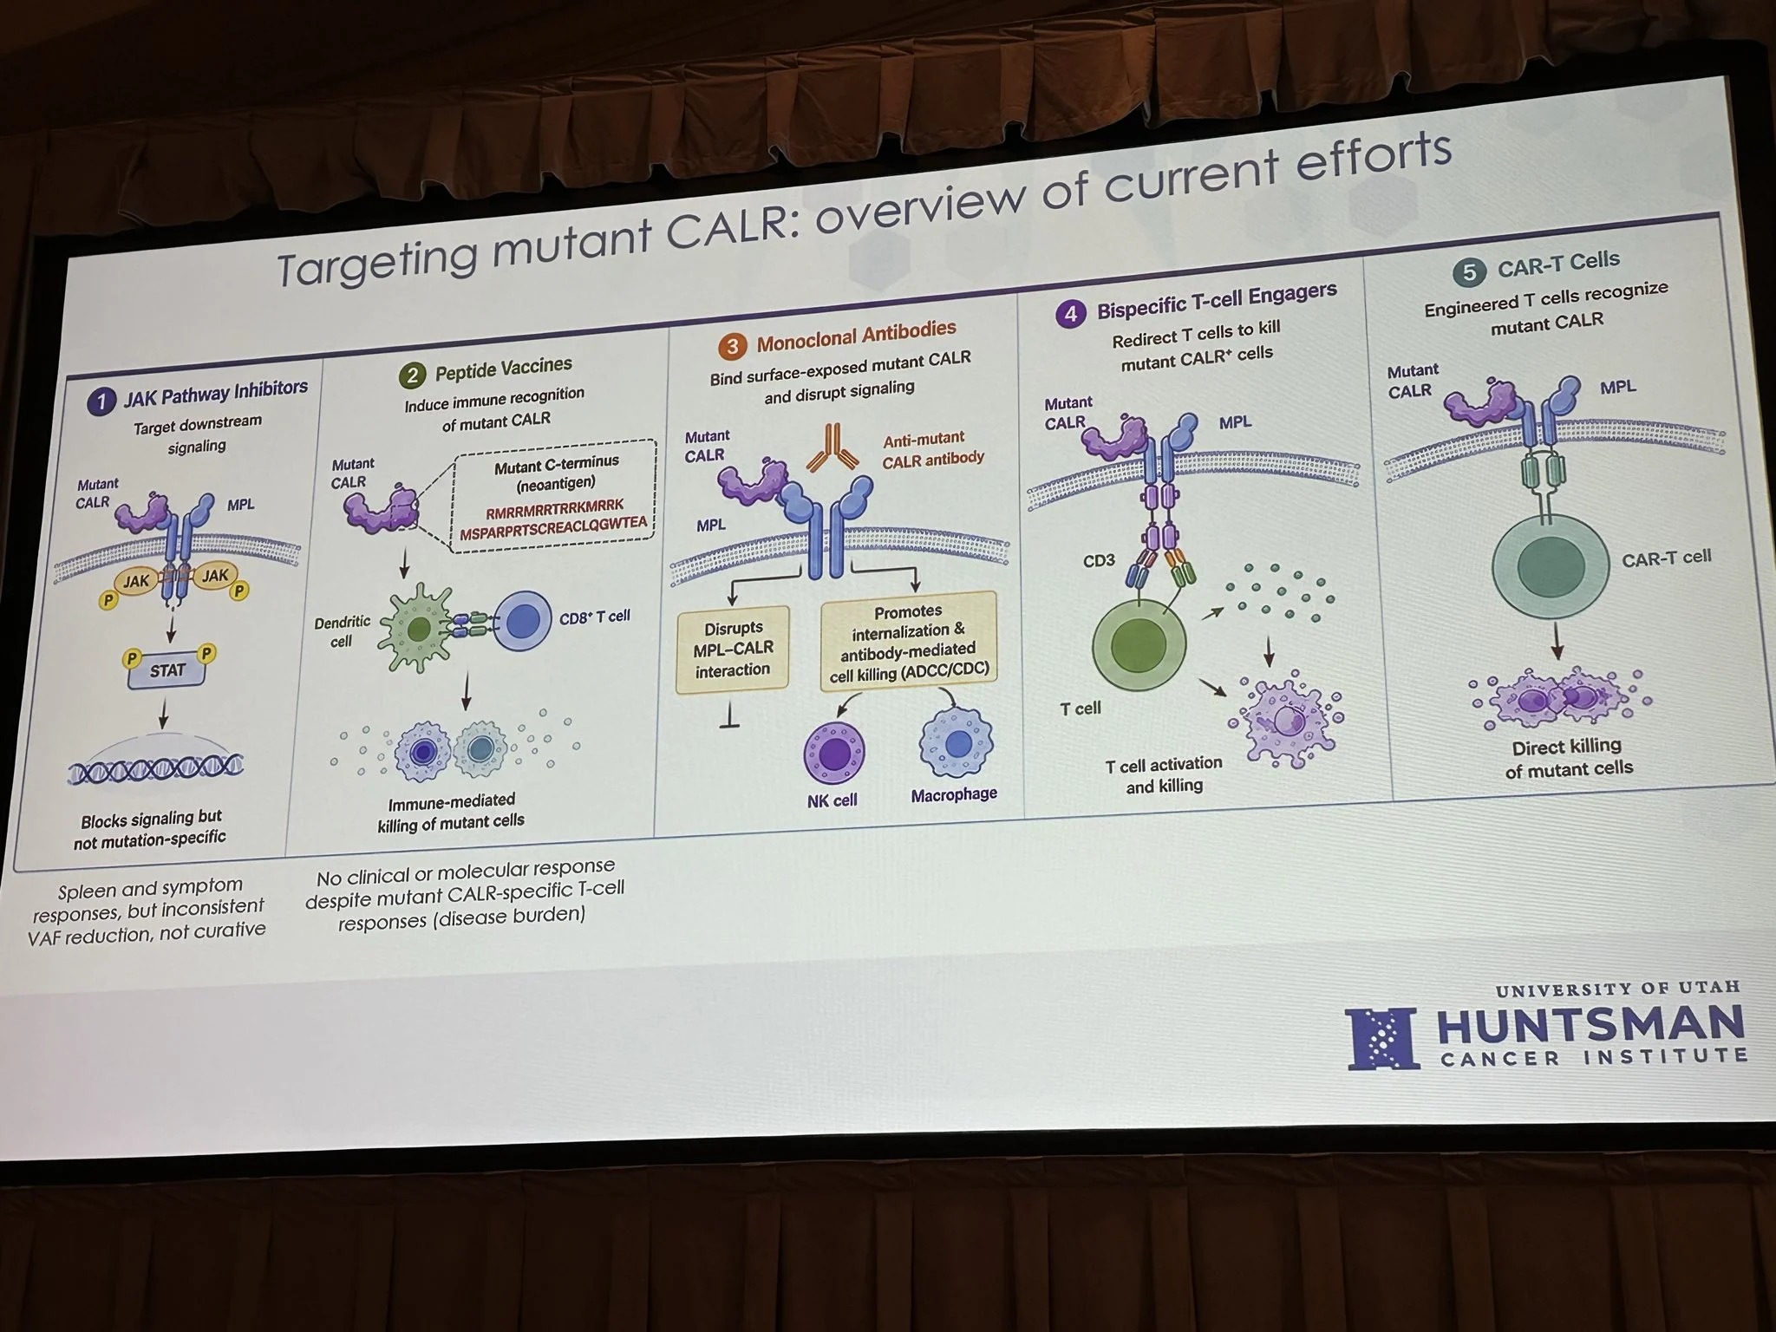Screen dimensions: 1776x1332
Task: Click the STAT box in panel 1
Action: click(166, 669)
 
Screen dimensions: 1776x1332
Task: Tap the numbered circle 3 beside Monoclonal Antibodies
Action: click(733, 347)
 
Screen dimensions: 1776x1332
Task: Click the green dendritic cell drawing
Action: click(419, 629)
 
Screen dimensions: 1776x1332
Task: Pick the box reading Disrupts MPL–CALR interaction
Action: click(732, 649)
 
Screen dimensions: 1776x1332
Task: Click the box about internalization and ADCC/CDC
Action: click(909, 641)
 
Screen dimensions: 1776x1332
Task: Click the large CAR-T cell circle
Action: click(1551, 568)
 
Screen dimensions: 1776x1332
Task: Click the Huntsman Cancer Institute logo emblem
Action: click(1382, 1037)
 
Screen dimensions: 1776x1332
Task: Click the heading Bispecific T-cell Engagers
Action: click(1216, 300)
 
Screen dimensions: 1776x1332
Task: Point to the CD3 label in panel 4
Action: click(1099, 561)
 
